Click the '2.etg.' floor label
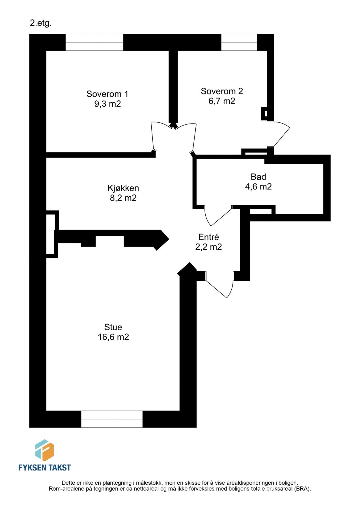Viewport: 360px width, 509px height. [x=41, y=23]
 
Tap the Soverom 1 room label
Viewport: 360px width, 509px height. [x=107, y=94]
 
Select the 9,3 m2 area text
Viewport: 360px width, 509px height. [x=107, y=104]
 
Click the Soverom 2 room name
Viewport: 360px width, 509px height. [x=222, y=91]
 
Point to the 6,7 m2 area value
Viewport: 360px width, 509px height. [x=222, y=101]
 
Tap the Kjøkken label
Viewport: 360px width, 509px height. [x=123, y=188]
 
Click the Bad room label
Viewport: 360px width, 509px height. [x=258, y=177]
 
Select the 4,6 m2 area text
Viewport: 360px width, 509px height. [x=258, y=187]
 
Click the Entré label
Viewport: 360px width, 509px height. [x=208, y=237]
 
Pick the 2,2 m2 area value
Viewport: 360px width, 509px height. [x=208, y=247]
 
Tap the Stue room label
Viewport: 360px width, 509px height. [x=113, y=327]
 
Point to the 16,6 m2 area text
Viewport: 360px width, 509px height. [x=113, y=337]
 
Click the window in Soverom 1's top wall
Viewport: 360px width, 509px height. [x=94, y=42]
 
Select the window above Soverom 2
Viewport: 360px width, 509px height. [x=239, y=42]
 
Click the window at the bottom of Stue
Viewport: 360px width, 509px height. [x=112, y=419]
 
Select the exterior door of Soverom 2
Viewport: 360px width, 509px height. [x=280, y=134]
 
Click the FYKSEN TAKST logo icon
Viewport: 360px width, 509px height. [x=44, y=450]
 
